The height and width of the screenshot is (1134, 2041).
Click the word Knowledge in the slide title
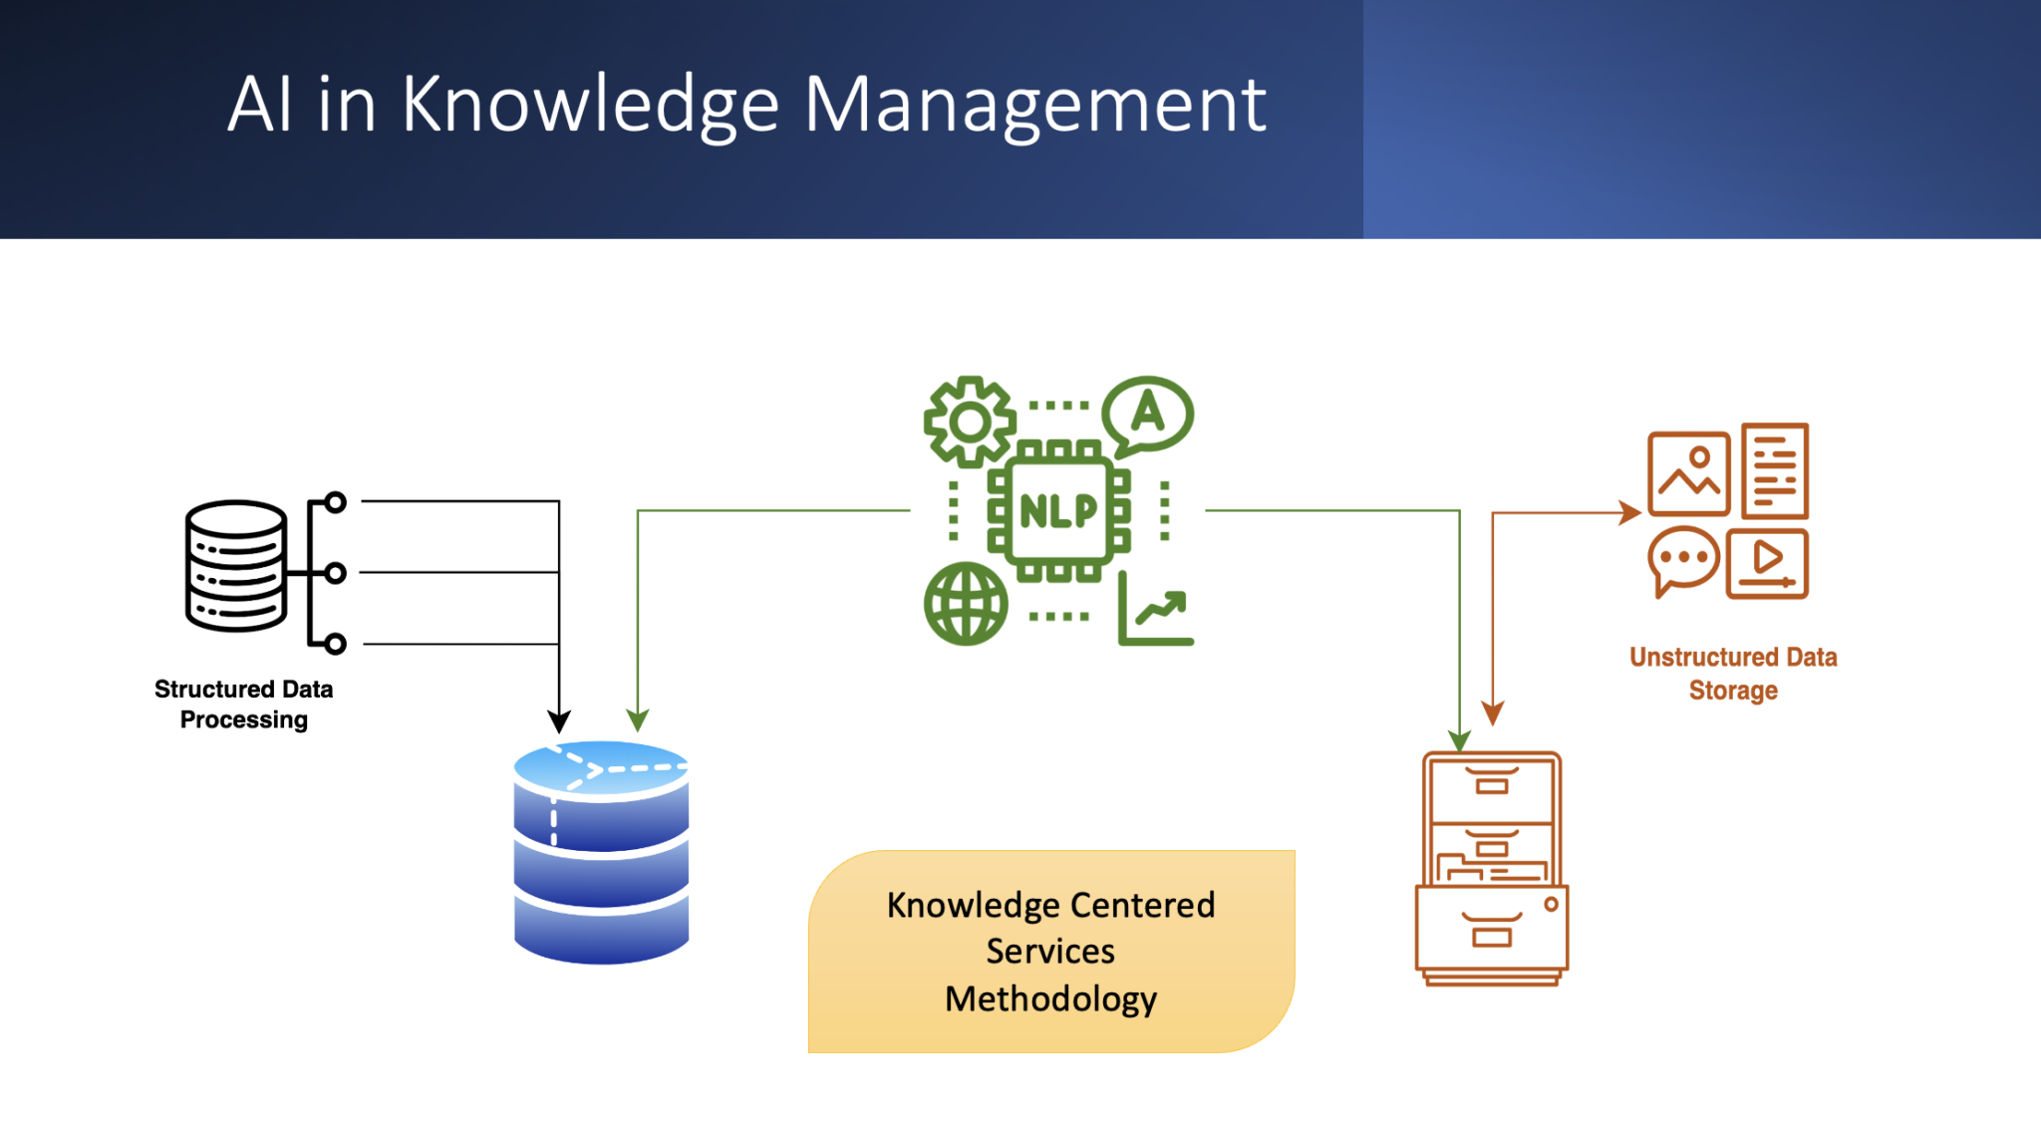[x=590, y=105]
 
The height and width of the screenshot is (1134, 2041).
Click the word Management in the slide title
[x=1034, y=105]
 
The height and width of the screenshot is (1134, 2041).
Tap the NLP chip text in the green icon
[x=1058, y=511]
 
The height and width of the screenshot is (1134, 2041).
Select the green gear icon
[x=969, y=422]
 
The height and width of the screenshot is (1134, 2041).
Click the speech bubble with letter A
[x=1148, y=414]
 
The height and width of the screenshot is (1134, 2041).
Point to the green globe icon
[x=965, y=604]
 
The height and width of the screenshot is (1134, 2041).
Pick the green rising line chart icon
[x=1156, y=610]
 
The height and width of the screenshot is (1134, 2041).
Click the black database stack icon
[x=236, y=566]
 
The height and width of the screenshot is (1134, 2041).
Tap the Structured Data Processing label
[x=244, y=705]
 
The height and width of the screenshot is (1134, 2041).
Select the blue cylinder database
[x=601, y=853]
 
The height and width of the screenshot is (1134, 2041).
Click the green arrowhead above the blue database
[x=638, y=719]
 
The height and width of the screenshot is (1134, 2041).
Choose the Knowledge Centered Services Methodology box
[x=1051, y=952]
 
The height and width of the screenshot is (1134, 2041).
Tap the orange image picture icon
[x=1688, y=473]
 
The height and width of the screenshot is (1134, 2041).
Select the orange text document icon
[x=1775, y=471]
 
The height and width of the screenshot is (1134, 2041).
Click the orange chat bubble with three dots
[x=1683, y=559]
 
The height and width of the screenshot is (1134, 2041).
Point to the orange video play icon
[x=1767, y=563]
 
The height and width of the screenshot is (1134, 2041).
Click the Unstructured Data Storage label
[x=1733, y=674]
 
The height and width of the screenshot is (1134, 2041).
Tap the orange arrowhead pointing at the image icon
[x=1631, y=512]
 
